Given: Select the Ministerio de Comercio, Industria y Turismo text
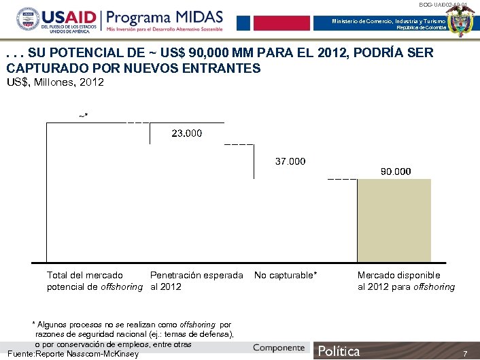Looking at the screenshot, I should tap(389, 22).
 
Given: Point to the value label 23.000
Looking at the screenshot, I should tap(186, 133).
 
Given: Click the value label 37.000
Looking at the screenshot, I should tap(290, 162).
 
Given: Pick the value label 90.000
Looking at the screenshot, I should tap(395, 171).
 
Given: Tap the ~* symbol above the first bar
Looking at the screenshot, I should tap(83, 116).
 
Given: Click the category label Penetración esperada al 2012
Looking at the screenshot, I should tap(196, 281).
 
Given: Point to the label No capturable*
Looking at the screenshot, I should tap(286, 276).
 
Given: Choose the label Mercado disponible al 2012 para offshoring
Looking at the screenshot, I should tap(406, 281).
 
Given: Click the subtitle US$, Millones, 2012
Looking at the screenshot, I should tap(55, 82).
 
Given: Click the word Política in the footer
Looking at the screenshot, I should tap(339, 351).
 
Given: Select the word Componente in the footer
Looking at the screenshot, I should tap(279, 348).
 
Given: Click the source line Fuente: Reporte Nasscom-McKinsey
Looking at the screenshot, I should tap(72, 355).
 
